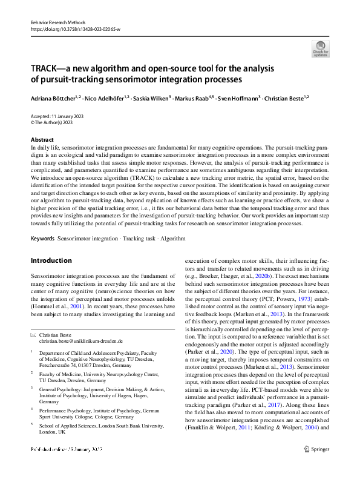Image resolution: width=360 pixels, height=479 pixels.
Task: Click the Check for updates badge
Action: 321,48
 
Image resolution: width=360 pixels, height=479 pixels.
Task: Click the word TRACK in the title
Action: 48,68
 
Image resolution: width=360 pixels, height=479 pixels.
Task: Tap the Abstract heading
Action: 41,139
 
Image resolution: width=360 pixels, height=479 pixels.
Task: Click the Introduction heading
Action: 51,260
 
